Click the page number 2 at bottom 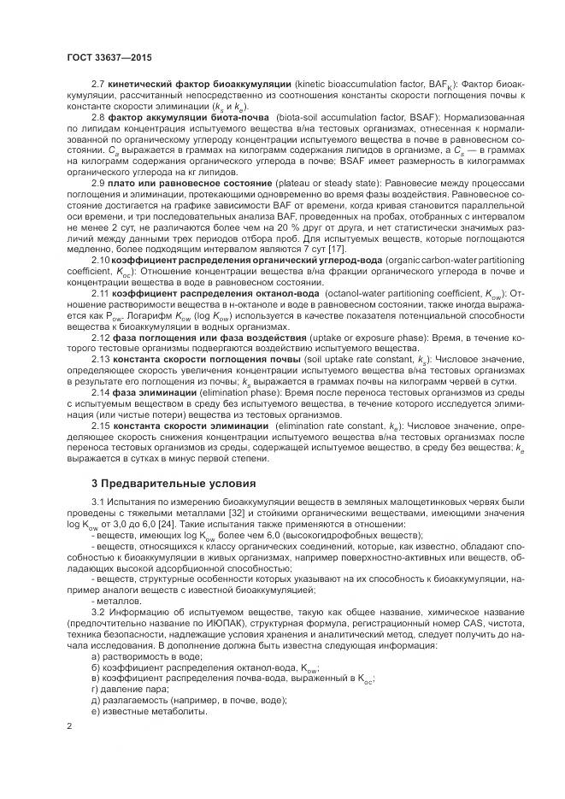(68, 726)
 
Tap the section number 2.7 (97, 85)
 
